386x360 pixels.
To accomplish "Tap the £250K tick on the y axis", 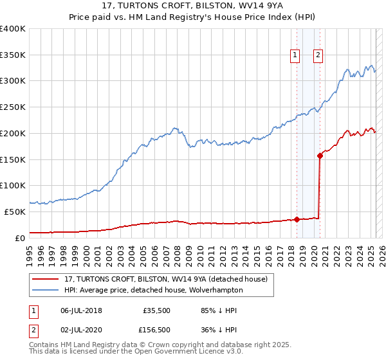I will (13, 107).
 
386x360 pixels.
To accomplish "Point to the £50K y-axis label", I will (15, 212).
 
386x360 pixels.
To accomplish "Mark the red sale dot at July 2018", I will (297, 219).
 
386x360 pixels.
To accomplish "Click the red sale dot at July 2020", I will (320, 155).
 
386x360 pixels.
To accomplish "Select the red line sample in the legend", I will (46, 279).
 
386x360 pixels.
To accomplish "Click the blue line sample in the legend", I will (46, 290).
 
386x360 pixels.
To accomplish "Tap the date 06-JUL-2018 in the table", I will (80, 310).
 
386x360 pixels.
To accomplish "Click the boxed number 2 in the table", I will (34, 330).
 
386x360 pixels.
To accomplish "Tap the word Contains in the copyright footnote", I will (44, 346).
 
